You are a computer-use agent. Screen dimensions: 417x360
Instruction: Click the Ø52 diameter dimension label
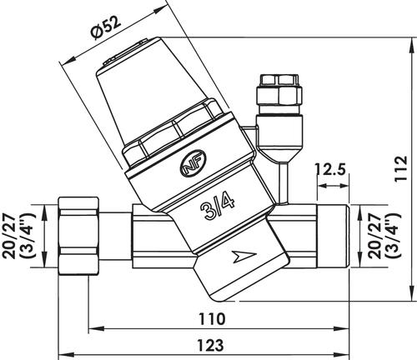106,27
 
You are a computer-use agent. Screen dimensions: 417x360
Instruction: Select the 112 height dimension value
401,168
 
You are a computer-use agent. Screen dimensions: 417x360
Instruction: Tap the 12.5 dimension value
331,170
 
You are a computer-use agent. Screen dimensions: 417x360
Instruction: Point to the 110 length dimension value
212,319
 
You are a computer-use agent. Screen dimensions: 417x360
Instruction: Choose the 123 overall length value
211,345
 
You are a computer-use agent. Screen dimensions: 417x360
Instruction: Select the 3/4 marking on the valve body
218,206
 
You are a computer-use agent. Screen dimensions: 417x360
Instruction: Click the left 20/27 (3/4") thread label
19,236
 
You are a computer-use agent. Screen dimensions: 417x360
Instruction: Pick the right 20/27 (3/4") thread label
385,236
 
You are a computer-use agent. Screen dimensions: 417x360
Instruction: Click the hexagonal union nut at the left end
78,236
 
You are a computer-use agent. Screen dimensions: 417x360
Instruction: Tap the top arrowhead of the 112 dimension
412,44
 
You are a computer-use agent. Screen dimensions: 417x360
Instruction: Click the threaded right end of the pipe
333,236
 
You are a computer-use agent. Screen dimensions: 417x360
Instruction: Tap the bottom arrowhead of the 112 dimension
412,294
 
